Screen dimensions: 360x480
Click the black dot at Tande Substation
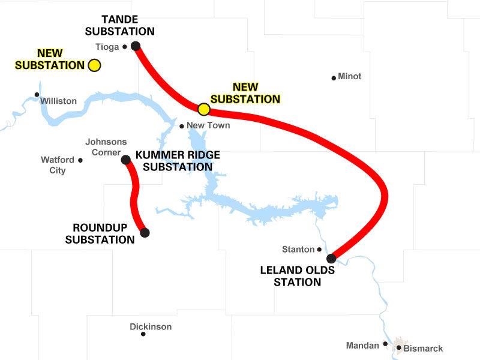point(136,46)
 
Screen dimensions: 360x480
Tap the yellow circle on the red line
point(203,109)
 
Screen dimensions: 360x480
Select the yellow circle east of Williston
point(94,65)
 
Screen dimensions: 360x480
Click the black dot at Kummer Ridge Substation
point(126,160)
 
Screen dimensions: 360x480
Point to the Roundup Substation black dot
point(144,233)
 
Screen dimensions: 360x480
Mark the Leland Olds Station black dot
point(331,259)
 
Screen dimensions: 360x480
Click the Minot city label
point(350,77)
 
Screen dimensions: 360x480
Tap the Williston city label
point(58,101)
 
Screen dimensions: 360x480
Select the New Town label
point(208,126)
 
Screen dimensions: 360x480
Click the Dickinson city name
point(151,327)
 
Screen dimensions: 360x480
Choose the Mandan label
point(363,346)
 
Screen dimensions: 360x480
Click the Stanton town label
point(298,249)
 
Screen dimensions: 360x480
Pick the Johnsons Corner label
point(106,146)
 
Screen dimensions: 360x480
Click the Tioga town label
point(107,46)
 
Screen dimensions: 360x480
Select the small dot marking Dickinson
point(143,334)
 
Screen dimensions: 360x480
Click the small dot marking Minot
point(334,77)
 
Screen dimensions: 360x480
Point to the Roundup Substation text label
point(100,233)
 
